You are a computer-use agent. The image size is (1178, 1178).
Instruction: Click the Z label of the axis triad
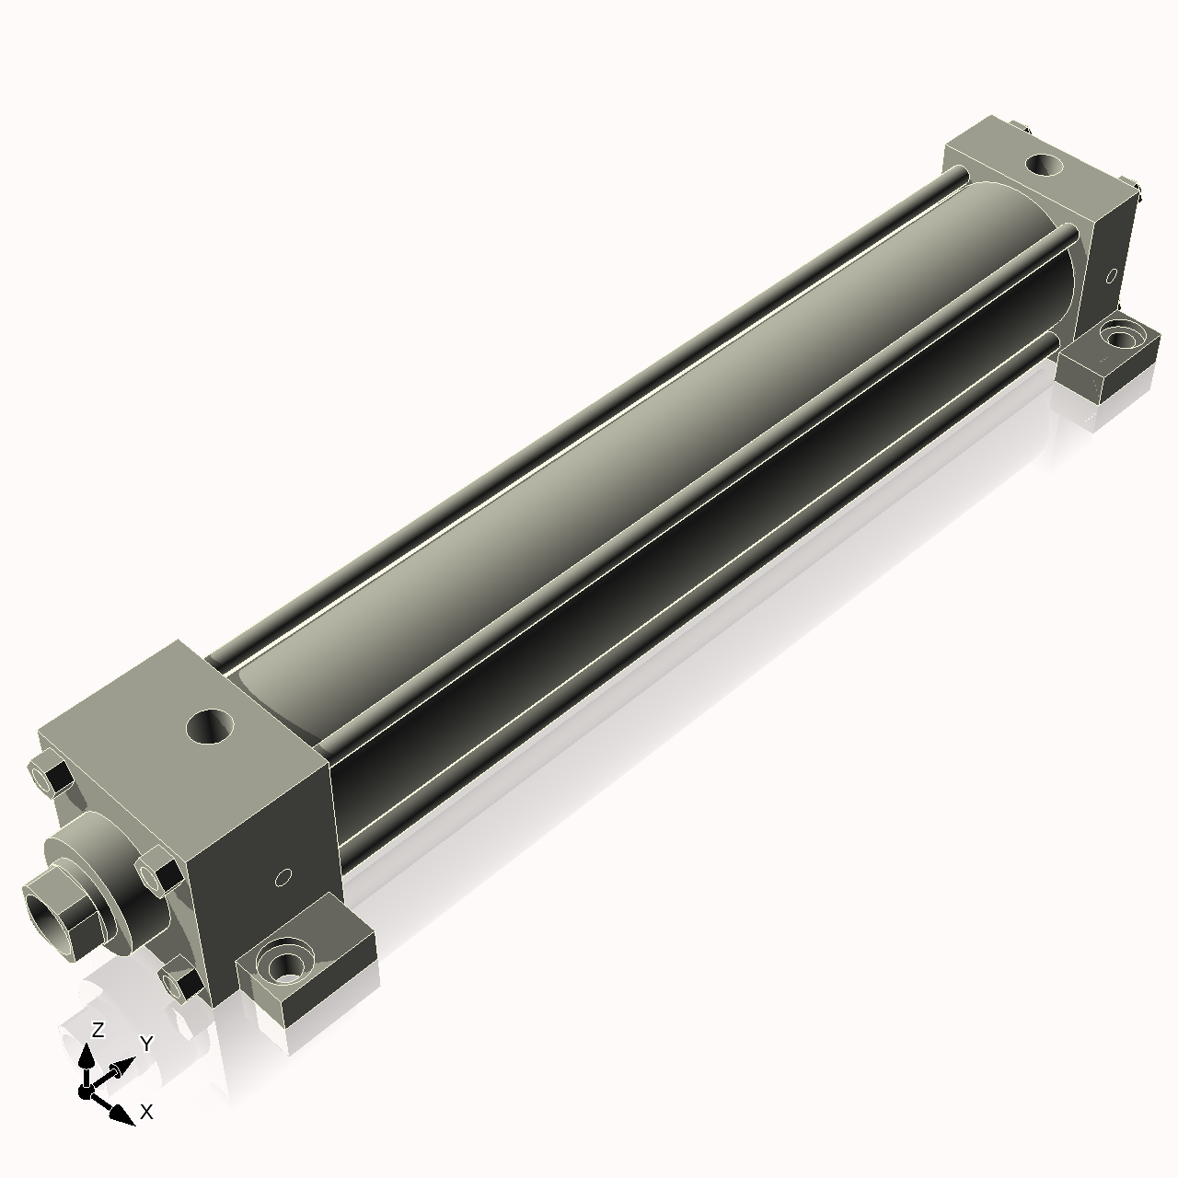coord(98,1030)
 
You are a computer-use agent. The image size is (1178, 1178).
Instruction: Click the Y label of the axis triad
coord(145,1043)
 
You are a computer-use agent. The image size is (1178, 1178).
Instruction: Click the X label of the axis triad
coord(145,1112)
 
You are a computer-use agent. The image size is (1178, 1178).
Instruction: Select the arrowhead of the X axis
coord(121,1115)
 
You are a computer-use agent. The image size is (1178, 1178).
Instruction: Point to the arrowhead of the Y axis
coord(121,1069)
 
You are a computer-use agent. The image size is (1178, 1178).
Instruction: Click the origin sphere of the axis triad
coord(86,1091)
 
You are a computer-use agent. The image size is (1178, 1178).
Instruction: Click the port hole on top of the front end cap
coord(211,727)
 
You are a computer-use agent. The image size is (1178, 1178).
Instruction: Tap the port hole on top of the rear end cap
coord(1043,166)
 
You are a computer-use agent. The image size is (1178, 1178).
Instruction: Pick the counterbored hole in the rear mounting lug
coord(1118,336)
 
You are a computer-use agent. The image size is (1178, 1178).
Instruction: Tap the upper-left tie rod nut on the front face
coord(53,777)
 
